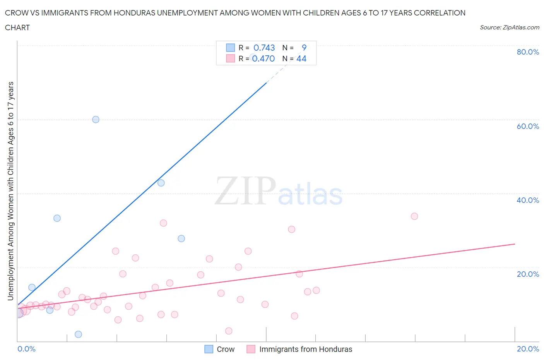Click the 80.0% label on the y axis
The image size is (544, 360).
[x=528, y=52]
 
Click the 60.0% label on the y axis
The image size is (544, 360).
[x=528, y=126]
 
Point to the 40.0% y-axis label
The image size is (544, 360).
[x=528, y=200]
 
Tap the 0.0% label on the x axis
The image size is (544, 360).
[x=26, y=349]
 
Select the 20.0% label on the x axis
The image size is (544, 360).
[x=528, y=349]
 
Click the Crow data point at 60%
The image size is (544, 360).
[x=96, y=120]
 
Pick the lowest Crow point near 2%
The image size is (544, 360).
[x=78, y=334]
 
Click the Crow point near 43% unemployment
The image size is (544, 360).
[x=161, y=183]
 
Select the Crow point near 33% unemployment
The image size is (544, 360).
[x=57, y=218]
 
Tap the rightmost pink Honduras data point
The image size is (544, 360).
[x=414, y=216]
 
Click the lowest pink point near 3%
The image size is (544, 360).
[x=229, y=331]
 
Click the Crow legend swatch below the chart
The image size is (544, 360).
[x=209, y=349]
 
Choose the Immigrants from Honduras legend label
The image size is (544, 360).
[x=306, y=349]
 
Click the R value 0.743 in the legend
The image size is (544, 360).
[x=264, y=48]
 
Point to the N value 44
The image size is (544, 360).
[x=301, y=58]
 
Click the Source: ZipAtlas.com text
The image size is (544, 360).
[x=509, y=27]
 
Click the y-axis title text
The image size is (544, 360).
[x=11, y=191]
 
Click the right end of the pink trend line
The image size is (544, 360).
[x=515, y=244]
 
